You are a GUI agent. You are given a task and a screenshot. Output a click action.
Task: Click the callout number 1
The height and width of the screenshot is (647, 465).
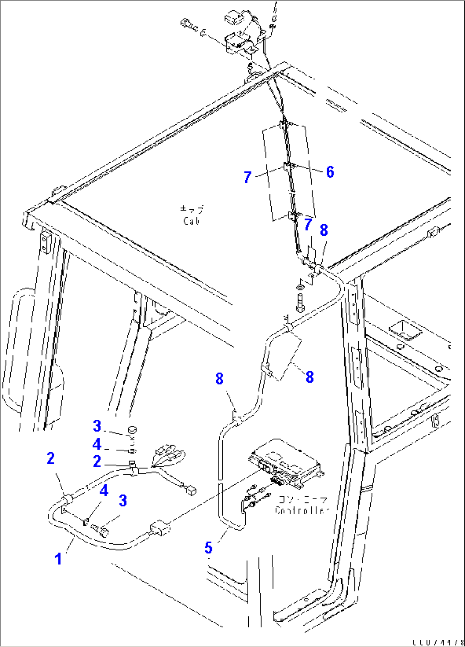(x=58, y=559)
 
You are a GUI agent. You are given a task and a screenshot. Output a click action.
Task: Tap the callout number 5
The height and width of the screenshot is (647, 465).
(x=208, y=547)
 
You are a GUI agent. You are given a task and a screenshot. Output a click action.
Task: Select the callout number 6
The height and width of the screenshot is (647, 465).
(x=330, y=172)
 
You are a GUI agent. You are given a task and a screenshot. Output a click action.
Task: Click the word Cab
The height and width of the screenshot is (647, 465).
(x=192, y=221)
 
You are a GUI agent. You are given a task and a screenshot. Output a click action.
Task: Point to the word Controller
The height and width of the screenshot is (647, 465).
(x=302, y=511)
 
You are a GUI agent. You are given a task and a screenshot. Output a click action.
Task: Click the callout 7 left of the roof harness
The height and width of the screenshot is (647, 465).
(x=247, y=177)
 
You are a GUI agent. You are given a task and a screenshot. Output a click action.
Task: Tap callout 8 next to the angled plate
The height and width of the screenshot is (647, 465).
(x=310, y=377)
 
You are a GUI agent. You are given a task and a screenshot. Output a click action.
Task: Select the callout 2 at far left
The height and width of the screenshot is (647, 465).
(x=51, y=459)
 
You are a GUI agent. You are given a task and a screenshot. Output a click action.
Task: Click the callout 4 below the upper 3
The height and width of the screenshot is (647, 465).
(x=97, y=444)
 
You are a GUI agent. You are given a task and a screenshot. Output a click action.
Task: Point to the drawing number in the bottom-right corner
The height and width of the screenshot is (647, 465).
(x=438, y=642)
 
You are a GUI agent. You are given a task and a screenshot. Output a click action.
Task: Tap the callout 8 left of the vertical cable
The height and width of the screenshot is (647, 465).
(x=219, y=378)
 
